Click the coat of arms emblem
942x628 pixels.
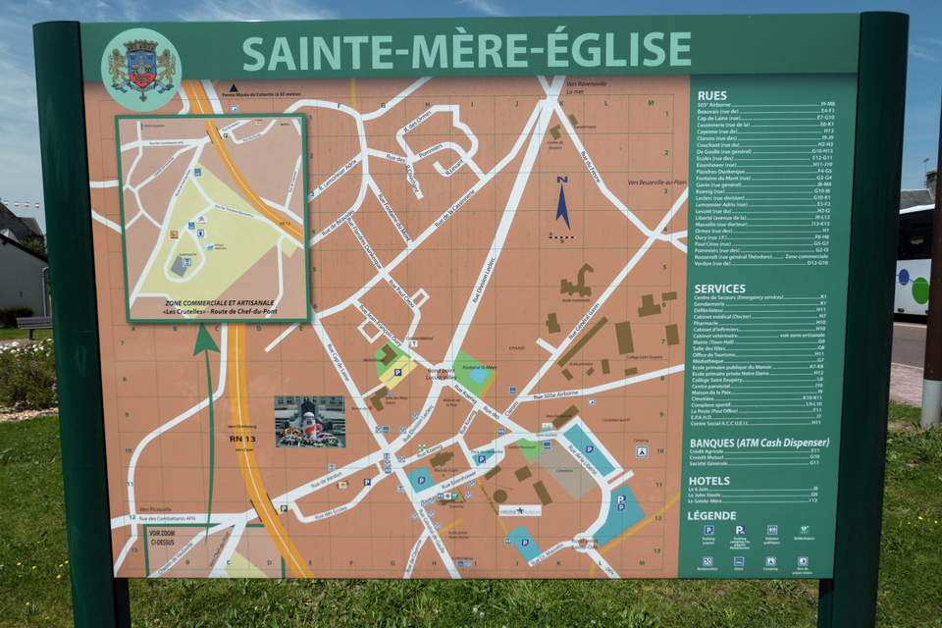(141, 69)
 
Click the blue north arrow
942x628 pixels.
(562, 202)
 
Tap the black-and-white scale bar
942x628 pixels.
(561, 236)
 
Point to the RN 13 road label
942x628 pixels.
(242, 438)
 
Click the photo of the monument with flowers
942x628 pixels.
(309, 421)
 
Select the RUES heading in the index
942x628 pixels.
(712, 95)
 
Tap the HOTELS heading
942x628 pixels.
(709, 481)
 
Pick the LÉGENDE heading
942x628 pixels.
(711, 515)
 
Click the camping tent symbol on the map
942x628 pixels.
(641, 451)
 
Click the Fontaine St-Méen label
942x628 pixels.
(477, 366)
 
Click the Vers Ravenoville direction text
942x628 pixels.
(587, 84)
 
